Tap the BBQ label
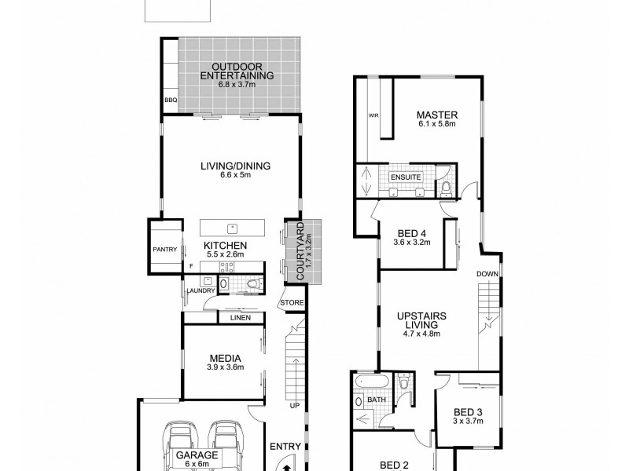point(171,100)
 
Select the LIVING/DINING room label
point(234,166)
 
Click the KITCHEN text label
point(225,246)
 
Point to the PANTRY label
point(165,250)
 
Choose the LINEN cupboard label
point(240,318)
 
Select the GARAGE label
point(192,455)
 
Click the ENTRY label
point(285,447)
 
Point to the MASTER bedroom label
point(437,115)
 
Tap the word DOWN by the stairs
point(487,273)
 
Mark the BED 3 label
point(467,412)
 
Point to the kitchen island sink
point(233,228)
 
